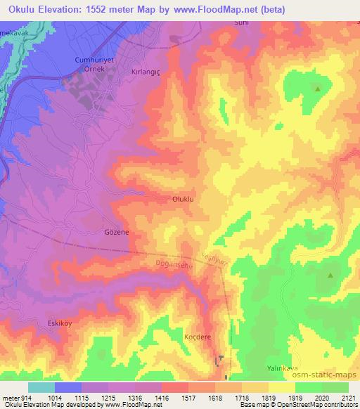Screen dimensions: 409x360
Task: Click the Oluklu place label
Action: click(183, 199)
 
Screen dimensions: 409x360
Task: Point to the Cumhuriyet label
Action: click(94, 60)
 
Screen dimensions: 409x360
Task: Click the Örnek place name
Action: click(94, 70)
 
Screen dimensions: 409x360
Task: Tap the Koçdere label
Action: click(198, 337)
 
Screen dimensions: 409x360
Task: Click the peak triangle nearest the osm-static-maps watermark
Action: click(330, 275)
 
